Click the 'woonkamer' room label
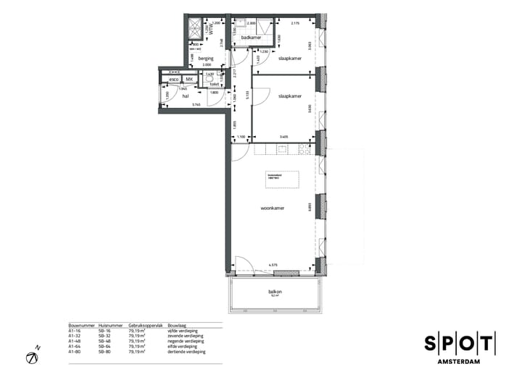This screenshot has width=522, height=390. pos(273,208)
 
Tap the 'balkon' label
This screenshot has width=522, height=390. pos(275,292)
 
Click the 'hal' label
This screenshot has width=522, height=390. pos(186,96)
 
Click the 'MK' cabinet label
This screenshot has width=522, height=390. pos(189,79)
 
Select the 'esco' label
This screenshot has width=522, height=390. pos(174,79)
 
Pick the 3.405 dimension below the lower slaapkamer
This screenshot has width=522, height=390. pos(283,137)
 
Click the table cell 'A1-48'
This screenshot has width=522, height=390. pos(74,342)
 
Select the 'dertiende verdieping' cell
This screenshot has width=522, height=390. pos(186,352)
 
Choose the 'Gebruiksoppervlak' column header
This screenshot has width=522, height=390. pos(143,326)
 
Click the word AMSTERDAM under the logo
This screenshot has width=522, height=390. pos(460,361)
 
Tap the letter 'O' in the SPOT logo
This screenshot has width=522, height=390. pos(460,344)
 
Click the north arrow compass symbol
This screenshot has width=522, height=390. pos(33,357)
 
